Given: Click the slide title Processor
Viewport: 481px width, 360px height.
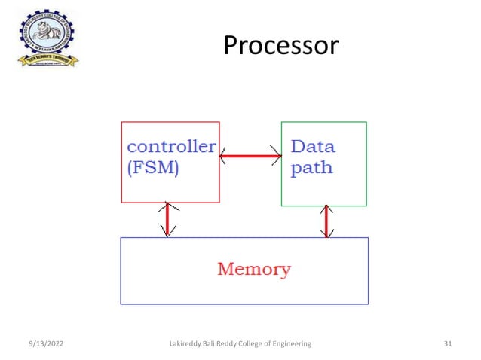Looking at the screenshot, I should pos(281,47).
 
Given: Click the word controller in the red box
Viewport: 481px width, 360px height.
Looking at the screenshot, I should pos(171,145).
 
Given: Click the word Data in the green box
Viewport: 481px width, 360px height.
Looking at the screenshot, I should pos(313,145).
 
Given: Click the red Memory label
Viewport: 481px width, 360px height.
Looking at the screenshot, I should pos(254,269).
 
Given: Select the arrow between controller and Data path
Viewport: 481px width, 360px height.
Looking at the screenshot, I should pos(250,157).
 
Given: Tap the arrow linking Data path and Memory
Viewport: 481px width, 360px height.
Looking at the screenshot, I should pos(326,221).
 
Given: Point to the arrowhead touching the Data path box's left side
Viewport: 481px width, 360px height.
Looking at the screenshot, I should pos(277,157).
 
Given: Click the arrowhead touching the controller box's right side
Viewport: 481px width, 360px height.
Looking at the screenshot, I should pos(224,157).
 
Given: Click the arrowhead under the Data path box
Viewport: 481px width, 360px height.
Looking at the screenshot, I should pos(326,210).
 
